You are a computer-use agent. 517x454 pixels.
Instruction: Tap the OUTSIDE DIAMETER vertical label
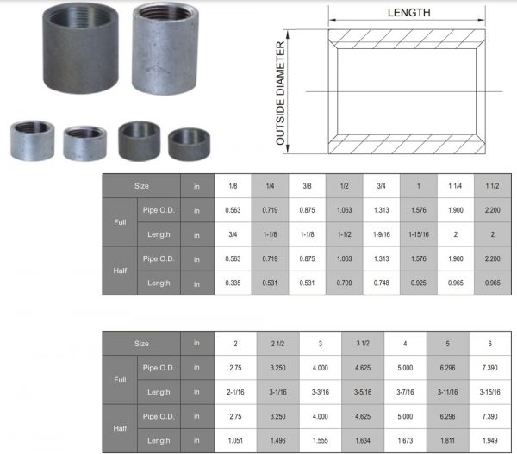click(281, 96)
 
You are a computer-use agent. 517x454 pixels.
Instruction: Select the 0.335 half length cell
click(233, 283)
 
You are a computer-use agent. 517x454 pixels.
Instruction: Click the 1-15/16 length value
click(418, 234)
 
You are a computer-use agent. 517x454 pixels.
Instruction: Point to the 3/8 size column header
click(308, 185)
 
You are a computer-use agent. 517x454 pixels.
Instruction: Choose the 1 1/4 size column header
click(455, 185)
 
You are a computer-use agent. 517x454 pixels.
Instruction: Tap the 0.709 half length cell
click(345, 283)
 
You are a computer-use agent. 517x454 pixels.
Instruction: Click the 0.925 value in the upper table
click(418, 283)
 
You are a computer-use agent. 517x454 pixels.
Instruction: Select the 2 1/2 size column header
click(277, 344)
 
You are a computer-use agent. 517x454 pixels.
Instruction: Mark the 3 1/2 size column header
click(362, 344)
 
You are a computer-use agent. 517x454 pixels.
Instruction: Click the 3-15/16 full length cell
click(490, 392)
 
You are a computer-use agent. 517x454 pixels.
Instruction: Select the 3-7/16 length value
click(405, 392)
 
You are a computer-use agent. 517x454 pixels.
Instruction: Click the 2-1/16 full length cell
click(234, 392)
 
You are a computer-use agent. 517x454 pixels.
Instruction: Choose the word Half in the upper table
click(120, 271)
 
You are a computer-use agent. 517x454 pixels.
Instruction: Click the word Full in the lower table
click(120, 380)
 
